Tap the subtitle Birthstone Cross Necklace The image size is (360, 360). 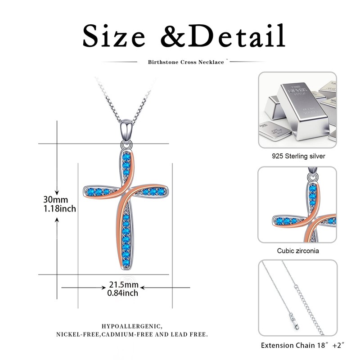pyautogui.click(x=186, y=62)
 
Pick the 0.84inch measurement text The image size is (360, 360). pyautogui.click(x=123, y=293)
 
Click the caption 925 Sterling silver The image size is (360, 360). pyautogui.click(x=298, y=156)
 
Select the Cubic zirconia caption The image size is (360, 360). pyautogui.click(x=298, y=251)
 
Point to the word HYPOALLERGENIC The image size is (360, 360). pyautogui.click(x=132, y=325)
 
